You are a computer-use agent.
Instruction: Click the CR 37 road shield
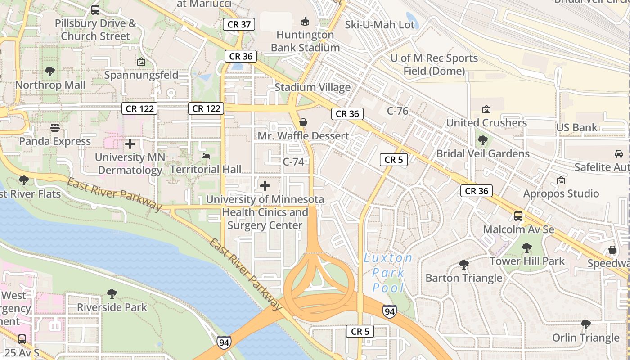[239, 24]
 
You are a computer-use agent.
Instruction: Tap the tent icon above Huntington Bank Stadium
[305, 21]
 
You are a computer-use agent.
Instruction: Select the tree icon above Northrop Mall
[50, 72]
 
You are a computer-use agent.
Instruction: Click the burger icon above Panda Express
[55, 128]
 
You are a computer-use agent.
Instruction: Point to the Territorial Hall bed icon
[206, 156]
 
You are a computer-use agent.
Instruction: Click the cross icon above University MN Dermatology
[130, 144]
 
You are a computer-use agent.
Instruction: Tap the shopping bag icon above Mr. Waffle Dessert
[303, 122]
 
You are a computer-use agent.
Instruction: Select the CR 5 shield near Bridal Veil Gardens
[393, 159]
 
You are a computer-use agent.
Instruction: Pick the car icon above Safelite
[619, 154]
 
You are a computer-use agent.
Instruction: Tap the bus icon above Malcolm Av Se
[518, 216]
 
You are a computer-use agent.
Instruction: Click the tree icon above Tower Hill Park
[526, 247]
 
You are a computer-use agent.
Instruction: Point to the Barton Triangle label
[463, 278]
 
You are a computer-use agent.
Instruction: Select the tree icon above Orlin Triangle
[586, 324]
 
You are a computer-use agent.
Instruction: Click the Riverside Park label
[112, 307]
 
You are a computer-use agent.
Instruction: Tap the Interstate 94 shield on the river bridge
[224, 342]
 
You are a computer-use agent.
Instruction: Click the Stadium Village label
[312, 87]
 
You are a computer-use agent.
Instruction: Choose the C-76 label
[397, 111]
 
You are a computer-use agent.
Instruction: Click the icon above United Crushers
[486, 109]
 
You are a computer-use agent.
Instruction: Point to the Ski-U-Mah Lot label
[379, 24]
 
